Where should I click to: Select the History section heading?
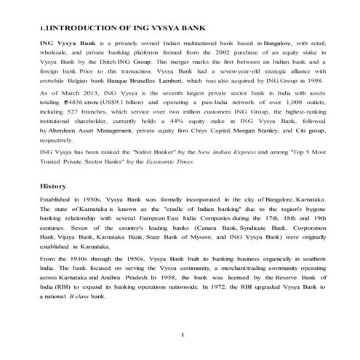tap(53, 187)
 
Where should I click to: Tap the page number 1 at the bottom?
tap(183, 334)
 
